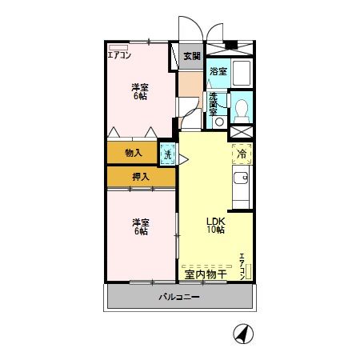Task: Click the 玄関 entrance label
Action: (x=192, y=56)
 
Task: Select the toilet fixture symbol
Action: (x=241, y=106)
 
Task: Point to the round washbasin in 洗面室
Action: (x=218, y=122)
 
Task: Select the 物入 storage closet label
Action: (x=133, y=152)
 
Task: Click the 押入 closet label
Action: (x=140, y=176)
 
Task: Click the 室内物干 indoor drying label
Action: (x=206, y=274)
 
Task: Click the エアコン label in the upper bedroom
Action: (x=120, y=55)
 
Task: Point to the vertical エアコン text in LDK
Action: (x=242, y=266)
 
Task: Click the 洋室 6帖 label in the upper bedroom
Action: (x=140, y=91)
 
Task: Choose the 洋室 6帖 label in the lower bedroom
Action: (x=140, y=226)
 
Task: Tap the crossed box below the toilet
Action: (x=241, y=131)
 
